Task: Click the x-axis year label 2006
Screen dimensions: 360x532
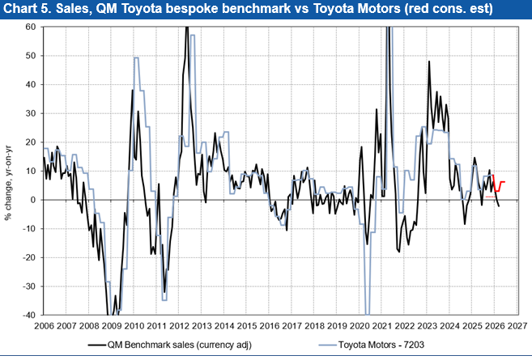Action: (x=44, y=326)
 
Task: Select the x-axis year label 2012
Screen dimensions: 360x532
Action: (x=180, y=326)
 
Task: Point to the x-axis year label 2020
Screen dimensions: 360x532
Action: (x=361, y=326)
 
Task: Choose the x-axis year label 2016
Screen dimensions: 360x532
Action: (x=270, y=326)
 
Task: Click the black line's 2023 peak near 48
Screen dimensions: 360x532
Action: (x=429, y=61)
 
